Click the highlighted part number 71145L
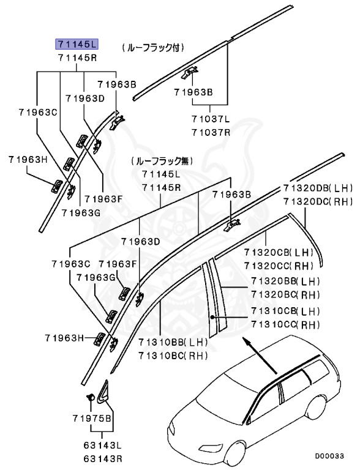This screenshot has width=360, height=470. (x=77, y=44)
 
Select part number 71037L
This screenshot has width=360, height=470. (x=210, y=120)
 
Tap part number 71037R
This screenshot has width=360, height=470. (x=210, y=132)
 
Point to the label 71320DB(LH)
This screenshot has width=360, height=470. (x=318, y=188)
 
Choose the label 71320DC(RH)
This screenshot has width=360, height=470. (x=318, y=201)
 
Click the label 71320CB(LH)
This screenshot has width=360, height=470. (x=279, y=253)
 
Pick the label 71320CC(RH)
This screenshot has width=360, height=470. (x=279, y=265)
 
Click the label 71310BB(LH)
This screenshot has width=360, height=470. (x=173, y=343)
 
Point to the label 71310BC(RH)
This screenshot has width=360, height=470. (x=173, y=355)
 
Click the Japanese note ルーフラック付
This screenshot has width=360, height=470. (x=153, y=47)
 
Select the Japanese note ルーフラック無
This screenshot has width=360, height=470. (x=162, y=161)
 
